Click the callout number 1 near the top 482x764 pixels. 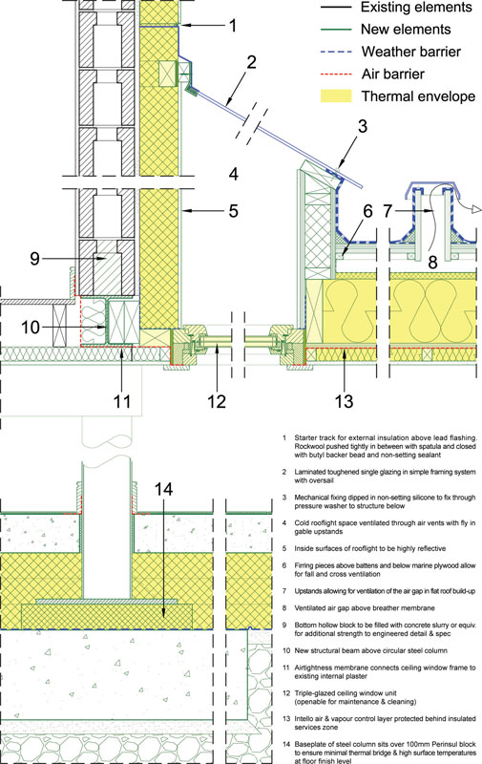tap(233, 26)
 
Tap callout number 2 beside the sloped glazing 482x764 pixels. tap(251, 62)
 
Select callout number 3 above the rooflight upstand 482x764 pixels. tap(363, 126)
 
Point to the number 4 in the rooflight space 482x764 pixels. tap(234, 174)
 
